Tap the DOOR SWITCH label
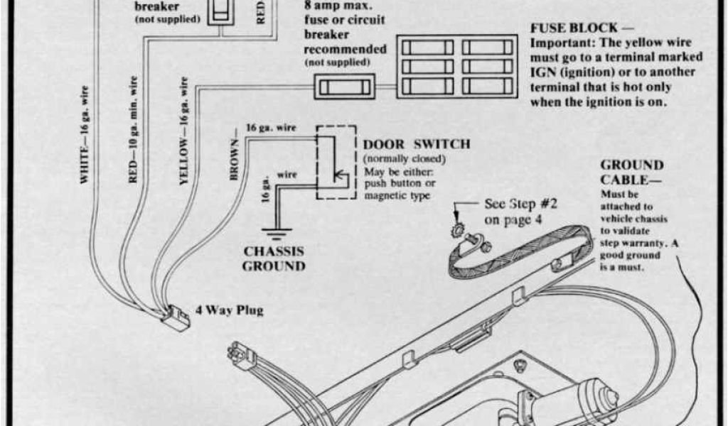click(x=417, y=144)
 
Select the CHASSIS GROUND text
click(x=274, y=259)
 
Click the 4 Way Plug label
click(x=229, y=311)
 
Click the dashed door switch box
click(x=336, y=163)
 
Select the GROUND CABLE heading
click(x=631, y=173)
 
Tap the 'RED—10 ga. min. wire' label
click(x=134, y=132)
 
